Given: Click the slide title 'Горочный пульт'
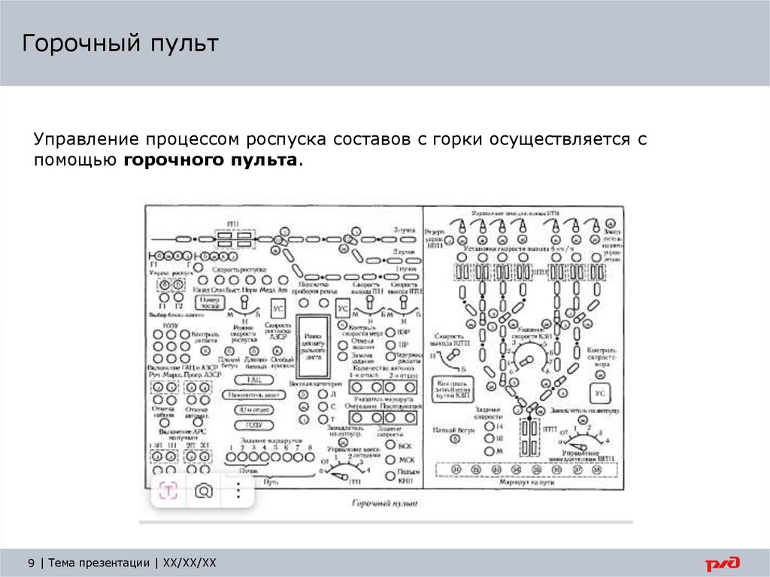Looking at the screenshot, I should (x=120, y=44).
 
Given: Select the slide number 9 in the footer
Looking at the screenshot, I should (x=31, y=563).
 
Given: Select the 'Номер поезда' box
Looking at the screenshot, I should (x=211, y=300).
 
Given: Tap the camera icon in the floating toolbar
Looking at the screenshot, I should (x=202, y=490).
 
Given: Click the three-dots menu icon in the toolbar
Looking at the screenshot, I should (x=238, y=490).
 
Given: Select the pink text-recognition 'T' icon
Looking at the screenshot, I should (x=168, y=490).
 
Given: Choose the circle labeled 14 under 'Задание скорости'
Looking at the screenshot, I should (x=488, y=426).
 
